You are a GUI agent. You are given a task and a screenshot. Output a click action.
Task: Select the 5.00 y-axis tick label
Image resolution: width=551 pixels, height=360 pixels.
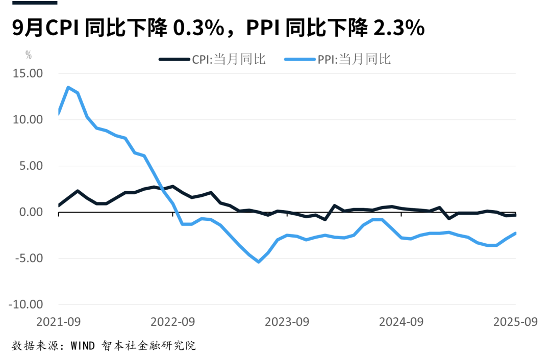32,166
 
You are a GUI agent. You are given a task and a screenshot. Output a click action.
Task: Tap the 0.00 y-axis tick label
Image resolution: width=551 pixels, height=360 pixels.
32,212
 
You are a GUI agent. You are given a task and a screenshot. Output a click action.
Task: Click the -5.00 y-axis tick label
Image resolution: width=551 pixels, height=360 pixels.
30,258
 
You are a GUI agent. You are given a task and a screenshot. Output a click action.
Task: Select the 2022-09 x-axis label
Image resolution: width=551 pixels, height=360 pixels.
173,322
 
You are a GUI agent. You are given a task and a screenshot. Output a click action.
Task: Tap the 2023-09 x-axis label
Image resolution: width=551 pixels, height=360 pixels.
287,322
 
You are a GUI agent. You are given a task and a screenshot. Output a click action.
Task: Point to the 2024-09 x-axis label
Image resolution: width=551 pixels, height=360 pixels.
402,322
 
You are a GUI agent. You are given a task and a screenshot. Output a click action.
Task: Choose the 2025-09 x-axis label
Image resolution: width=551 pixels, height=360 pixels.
516,322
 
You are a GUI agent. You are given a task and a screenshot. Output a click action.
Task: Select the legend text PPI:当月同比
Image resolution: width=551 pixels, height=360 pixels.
354,59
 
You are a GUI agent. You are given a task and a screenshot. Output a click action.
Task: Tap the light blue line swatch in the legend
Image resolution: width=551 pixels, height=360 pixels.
300,59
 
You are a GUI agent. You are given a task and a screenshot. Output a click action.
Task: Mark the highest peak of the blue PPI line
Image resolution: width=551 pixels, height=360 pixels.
68,87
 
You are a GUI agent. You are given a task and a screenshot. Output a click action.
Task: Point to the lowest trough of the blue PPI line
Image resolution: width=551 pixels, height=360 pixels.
259,262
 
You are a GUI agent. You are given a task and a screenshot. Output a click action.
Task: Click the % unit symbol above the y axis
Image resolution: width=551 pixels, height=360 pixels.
29,56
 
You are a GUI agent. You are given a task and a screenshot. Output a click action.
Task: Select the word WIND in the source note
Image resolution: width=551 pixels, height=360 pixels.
83,346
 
